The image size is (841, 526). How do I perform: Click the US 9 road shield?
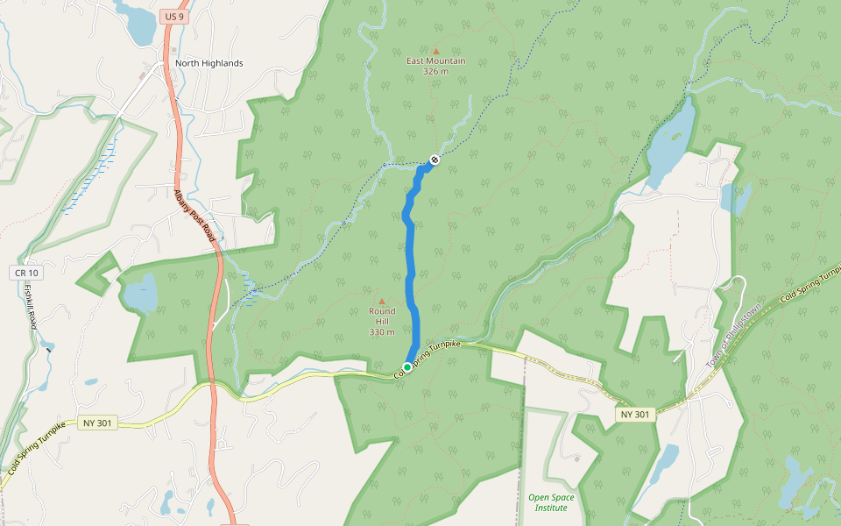(x=173, y=16)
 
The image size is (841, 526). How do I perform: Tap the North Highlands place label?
(x=208, y=63)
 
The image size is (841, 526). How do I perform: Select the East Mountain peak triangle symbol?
(x=435, y=51)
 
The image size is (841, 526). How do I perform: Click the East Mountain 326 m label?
(x=435, y=66)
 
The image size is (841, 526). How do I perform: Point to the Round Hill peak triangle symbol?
(x=381, y=302)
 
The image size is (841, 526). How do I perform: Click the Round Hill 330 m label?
(x=382, y=322)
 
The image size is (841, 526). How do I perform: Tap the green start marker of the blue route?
(x=407, y=366)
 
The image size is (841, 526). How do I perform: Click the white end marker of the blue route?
(x=434, y=160)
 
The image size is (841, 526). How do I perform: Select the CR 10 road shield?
(x=26, y=274)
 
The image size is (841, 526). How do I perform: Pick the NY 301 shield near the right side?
(x=635, y=414)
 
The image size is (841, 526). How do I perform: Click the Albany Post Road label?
(x=194, y=217)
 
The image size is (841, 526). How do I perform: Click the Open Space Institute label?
(x=552, y=502)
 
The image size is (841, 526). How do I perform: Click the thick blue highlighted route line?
(x=411, y=263)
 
